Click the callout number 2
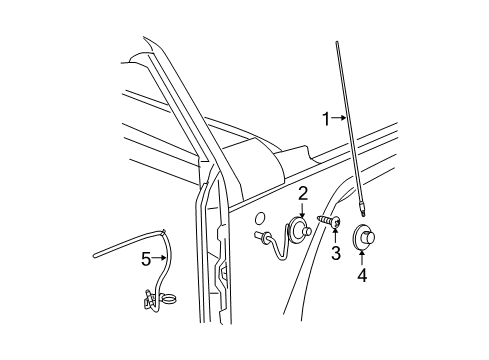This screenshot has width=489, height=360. point(301,194)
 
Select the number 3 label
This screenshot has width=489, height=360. point(336,254)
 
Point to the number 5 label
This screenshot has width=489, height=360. point(145,259)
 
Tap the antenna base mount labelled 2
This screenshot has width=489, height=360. point(300,230)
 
